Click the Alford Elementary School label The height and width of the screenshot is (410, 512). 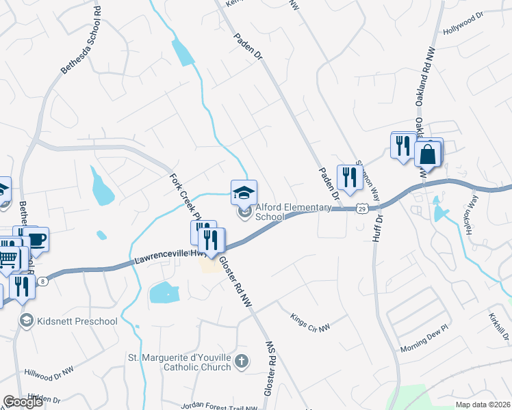click(270, 213)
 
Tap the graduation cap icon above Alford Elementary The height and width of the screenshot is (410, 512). click(244, 191)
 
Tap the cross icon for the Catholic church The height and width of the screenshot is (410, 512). click(241, 361)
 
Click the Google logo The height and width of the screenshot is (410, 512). click(23, 401)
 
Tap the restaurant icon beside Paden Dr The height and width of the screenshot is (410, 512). click(350, 176)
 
